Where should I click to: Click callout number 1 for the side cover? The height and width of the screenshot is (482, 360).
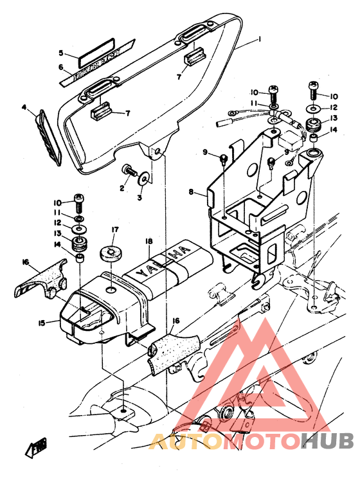pos(259,40)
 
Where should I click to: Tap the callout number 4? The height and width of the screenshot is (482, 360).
pos(24,107)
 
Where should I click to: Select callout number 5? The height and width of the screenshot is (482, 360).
pos(62,53)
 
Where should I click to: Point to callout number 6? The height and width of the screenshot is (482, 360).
pos(62,67)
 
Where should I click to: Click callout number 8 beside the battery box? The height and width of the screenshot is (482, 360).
pos(190,192)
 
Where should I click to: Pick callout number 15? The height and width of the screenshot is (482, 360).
pos(41,323)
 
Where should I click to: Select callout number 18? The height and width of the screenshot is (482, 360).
pos(148,242)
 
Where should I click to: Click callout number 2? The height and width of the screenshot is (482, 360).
pos(120,188)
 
